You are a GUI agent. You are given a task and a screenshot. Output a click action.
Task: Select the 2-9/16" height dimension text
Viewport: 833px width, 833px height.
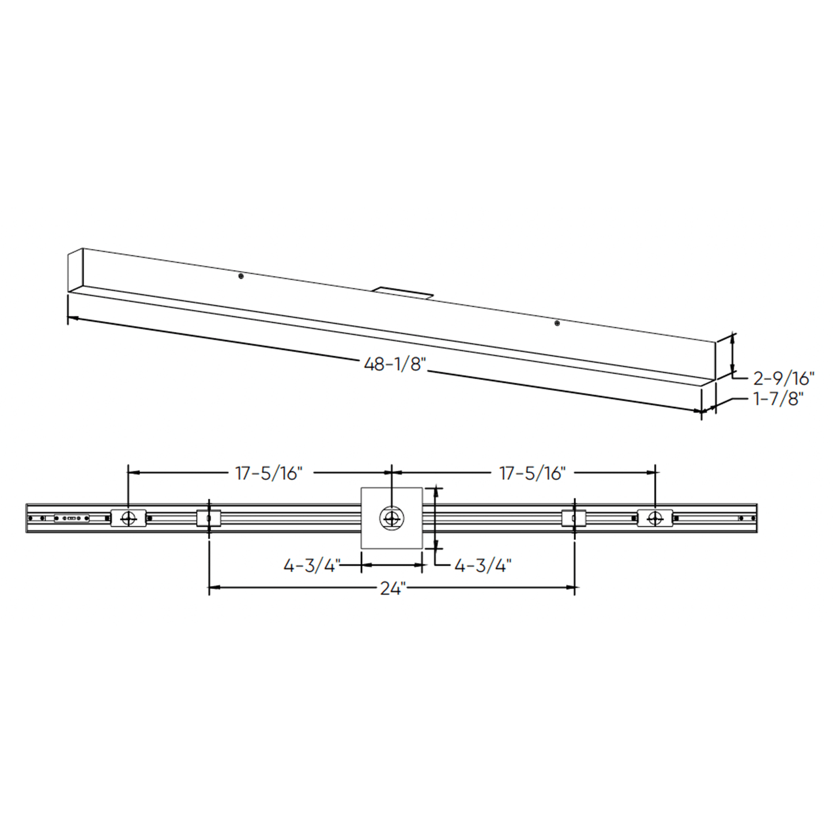783,378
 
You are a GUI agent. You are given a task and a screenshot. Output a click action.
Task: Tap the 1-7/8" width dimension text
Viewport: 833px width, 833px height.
778,398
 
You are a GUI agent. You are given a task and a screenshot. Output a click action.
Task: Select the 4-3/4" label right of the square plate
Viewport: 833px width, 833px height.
483,566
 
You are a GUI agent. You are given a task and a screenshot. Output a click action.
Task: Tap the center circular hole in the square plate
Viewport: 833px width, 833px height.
391,518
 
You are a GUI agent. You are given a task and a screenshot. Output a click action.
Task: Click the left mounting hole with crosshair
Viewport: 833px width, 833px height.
128,518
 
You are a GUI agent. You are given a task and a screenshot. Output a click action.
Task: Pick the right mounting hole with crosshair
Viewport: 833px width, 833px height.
654,518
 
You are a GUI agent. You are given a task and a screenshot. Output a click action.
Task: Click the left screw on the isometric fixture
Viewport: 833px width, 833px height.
241,277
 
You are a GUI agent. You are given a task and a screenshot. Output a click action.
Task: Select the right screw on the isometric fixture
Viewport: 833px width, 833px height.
557,323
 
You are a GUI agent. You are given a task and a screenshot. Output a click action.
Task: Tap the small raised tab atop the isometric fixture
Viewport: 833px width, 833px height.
402,292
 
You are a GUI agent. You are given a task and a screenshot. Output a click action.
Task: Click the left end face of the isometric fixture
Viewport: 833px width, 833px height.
76,271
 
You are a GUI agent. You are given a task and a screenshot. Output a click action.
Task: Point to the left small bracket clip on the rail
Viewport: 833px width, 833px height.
209,518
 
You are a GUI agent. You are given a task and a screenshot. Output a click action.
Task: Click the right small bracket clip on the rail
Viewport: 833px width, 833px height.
574,518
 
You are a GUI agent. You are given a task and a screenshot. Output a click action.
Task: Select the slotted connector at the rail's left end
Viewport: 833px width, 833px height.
71,518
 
